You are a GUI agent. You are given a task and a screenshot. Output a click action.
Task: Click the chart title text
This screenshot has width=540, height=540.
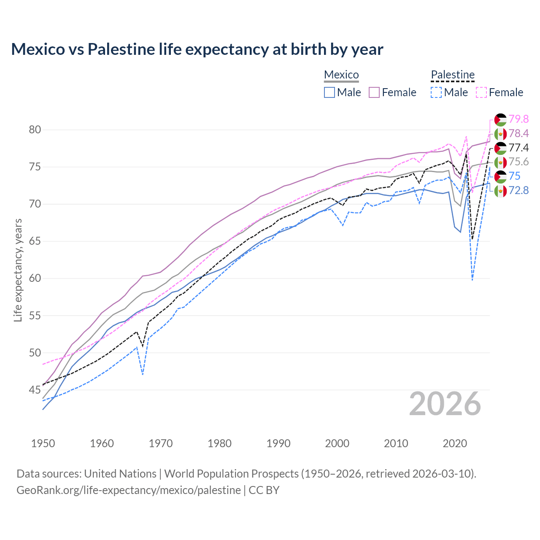[x=197, y=49]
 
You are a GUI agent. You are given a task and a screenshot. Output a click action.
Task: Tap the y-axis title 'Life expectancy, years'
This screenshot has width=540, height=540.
[x=18, y=270]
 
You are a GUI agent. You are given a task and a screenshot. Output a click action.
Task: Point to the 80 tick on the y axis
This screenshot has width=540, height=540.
[x=35, y=130]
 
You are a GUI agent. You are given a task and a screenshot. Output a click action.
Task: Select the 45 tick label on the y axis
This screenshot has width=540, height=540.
[x=35, y=390]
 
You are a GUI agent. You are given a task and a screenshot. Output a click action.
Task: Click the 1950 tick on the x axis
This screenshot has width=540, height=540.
[x=43, y=443]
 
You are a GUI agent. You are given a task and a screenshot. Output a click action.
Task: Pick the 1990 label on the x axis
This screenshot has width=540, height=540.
[x=278, y=443]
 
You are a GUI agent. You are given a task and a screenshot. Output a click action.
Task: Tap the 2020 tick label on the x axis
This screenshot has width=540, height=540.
[x=455, y=443]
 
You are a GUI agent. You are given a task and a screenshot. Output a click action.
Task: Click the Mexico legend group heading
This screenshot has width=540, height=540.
[x=341, y=75]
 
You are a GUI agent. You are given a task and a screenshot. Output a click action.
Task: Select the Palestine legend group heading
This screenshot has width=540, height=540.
[x=453, y=75]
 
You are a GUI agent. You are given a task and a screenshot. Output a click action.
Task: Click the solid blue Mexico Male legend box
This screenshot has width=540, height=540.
[x=329, y=92]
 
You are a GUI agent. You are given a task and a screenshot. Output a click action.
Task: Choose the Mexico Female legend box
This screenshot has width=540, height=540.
[x=375, y=92]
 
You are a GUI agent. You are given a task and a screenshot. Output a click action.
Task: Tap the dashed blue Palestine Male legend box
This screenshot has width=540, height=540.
[x=436, y=92]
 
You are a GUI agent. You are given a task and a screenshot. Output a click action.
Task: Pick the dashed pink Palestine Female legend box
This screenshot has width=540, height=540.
[x=481, y=92]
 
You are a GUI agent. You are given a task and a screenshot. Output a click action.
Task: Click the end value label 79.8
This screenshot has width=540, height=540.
[x=518, y=119]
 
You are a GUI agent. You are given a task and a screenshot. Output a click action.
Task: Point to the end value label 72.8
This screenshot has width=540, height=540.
[x=518, y=190]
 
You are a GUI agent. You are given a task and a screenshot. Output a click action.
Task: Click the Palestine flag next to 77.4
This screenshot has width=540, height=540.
[x=500, y=148]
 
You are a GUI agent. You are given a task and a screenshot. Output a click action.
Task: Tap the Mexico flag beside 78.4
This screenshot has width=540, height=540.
[x=500, y=134]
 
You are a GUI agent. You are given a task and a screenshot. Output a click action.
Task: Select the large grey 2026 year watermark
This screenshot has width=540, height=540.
[x=445, y=404]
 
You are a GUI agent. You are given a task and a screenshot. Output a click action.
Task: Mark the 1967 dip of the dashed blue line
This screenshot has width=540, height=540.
[x=143, y=374]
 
